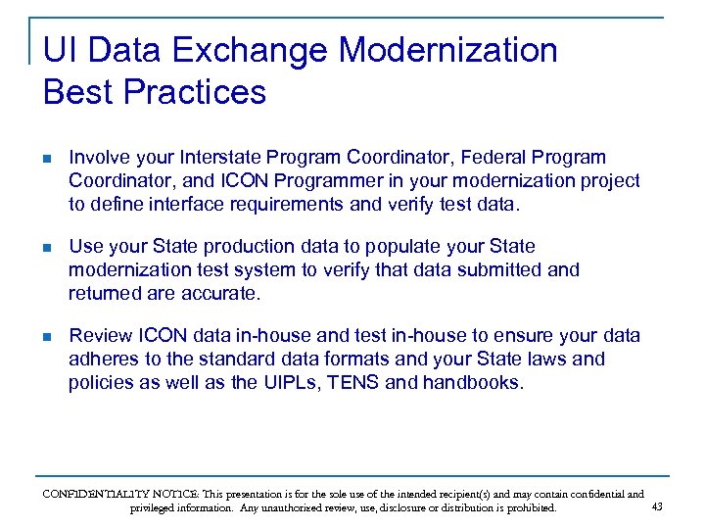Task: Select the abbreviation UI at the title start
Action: coord(57,50)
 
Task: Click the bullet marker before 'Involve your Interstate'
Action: coord(48,157)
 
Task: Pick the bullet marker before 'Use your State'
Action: coord(48,247)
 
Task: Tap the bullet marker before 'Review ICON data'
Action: coord(48,336)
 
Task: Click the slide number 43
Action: coord(656,506)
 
